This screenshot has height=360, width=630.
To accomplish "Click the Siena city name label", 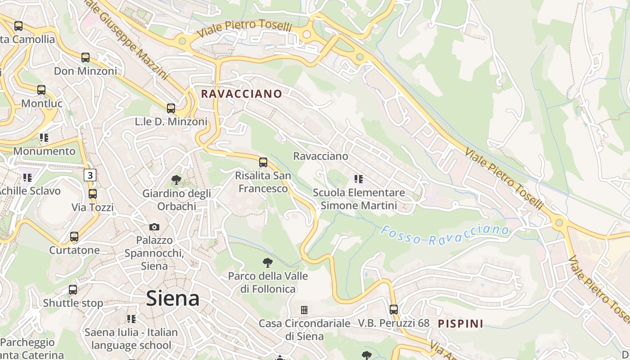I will [x=173, y=298].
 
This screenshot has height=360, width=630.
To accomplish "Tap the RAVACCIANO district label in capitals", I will [x=241, y=94].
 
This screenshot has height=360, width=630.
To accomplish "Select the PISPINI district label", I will [x=460, y=323].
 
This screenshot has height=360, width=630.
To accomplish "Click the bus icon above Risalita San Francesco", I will [x=263, y=162].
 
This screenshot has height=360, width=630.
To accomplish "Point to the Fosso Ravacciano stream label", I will [x=445, y=235].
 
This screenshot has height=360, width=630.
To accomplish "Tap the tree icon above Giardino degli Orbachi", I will [x=176, y=180].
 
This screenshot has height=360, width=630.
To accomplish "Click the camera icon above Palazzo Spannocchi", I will [x=154, y=227].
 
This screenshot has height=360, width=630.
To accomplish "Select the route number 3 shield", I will [x=90, y=175].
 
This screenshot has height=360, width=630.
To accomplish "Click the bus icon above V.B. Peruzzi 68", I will [x=394, y=310].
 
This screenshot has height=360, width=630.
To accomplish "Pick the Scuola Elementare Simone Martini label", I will [x=359, y=199].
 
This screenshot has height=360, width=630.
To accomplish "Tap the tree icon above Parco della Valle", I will [x=268, y=262].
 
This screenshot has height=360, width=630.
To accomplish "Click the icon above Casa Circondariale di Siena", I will [x=304, y=310].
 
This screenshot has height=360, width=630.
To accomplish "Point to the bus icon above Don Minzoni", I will [x=85, y=58].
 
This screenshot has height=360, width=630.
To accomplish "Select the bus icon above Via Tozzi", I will [x=93, y=194].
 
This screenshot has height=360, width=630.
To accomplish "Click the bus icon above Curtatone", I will [x=74, y=236].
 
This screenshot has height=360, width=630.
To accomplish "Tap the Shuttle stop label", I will [x=73, y=303].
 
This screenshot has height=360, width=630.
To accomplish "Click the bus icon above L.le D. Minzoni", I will [x=171, y=108].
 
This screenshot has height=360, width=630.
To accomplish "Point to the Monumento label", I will [x=44, y=151].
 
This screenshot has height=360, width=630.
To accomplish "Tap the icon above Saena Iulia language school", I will [x=131, y=319].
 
